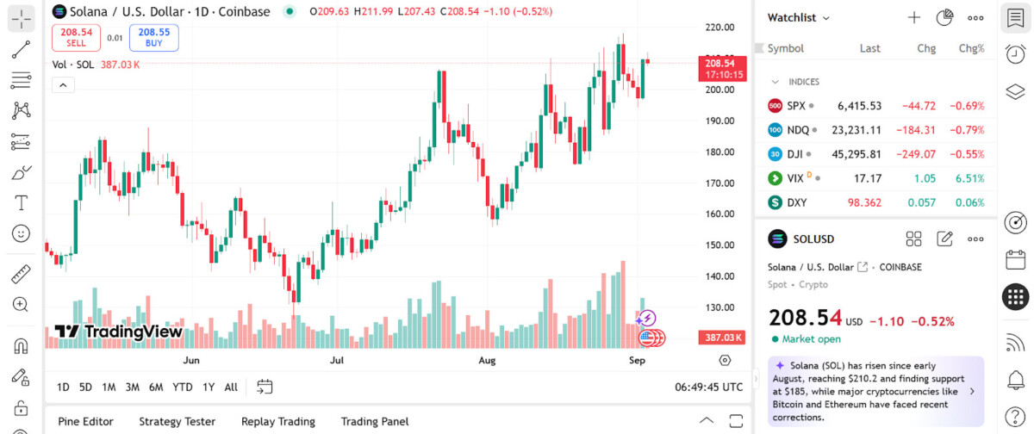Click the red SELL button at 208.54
[x=76, y=37]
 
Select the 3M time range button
[x=132, y=387]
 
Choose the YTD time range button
[x=183, y=387]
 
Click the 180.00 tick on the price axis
[x=719, y=152]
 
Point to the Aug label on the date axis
[x=488, y=360]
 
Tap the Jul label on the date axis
[x=337, y=360]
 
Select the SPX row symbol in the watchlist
[x=795, y=106]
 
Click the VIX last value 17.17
[x=867, y=178]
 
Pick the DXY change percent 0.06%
[x=970, y=203]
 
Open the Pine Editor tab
[x=85, y=421]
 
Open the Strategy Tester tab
[x=177, y=421]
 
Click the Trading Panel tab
[x=374, y=421]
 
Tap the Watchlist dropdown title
[x=798, y=17]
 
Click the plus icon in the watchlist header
[x=914, y=17]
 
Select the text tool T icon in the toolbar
[x=22, y=203]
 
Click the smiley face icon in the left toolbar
[x=22, y=232]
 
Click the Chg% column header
[x=971, y=48]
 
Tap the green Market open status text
[x=811, y=339]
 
